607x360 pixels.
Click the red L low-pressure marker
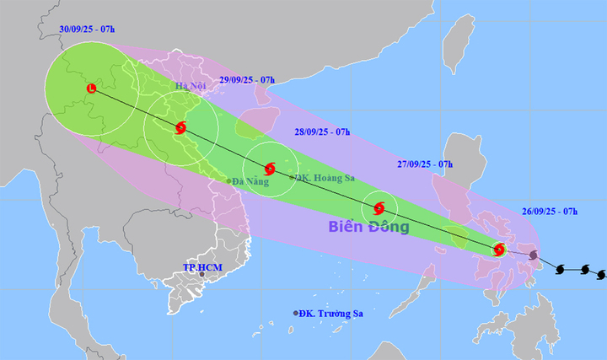click(x=91, y=88)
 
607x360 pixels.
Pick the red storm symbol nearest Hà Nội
click(x=180, y=128)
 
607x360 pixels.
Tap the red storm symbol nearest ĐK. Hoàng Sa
click(x=270, y=169)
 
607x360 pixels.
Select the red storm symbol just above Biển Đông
click(x=379, y=207)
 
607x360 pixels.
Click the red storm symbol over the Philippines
click(x=499, y=250)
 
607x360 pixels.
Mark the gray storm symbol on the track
click(x=533, y=255)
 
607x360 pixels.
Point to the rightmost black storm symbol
click(x=600, y=274)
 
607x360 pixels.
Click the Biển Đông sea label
click(x=368, y=228)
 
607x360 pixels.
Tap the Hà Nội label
click(x=191, y=87)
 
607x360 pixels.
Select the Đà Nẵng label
click(x=250, y=180)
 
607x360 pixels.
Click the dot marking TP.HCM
click(x=201, y=275)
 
